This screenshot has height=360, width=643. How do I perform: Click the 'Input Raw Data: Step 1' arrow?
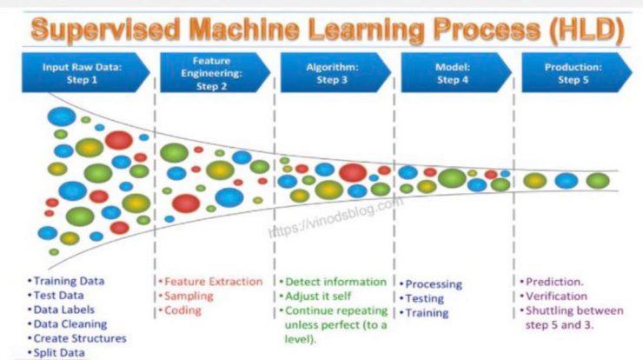click(x=85, y=73)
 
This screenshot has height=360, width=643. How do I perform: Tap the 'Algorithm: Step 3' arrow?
click(x=335, y=73)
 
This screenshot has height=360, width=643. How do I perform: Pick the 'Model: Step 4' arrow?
click(x=456, y=73)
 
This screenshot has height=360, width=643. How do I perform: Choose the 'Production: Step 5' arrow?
click(x=577, y=73)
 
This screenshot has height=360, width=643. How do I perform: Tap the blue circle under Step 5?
click(x=567, y=181)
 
